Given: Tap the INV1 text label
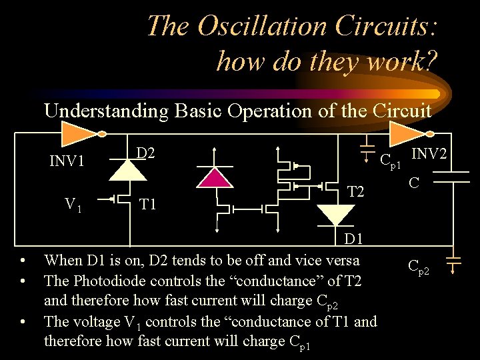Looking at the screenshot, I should pos(67,161).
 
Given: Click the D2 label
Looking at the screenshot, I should pos(145,153).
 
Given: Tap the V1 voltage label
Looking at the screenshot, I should pos(73,204).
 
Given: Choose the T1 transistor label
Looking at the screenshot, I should pos(147,204).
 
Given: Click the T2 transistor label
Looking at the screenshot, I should pos(356,193).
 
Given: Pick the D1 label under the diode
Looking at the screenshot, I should pos(353,239).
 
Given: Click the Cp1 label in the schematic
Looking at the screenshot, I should pos(390,161).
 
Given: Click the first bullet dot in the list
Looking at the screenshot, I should pos(23,260).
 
